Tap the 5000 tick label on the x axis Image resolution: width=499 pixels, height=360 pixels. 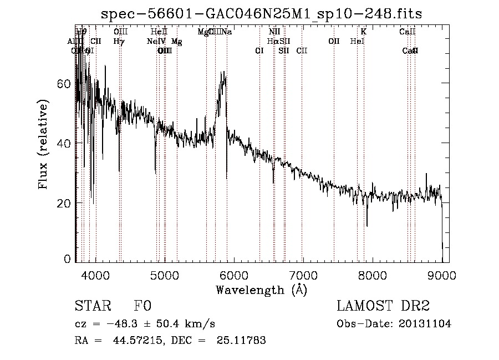(165, 276)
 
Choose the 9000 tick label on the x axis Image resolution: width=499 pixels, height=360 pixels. (442, 276)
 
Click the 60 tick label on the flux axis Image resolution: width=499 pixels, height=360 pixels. (64, 84)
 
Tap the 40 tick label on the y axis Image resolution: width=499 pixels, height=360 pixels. (64, 143)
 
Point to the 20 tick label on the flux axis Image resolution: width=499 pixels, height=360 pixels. (64, 203)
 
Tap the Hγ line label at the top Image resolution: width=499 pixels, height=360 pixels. (119, 41)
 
